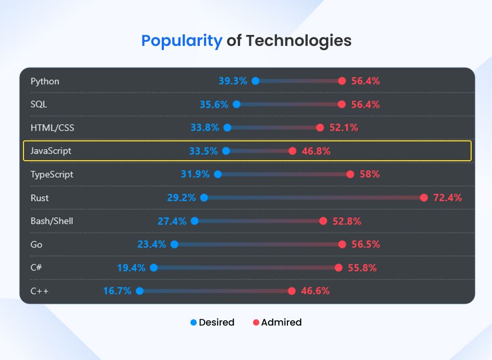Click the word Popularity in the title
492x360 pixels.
[182, 41]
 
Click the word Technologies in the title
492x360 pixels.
[298, 41]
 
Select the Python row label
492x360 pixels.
[45, 81]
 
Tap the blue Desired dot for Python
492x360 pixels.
[256, 81]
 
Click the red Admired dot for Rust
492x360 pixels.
[424, 198]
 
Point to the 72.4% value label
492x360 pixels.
[447, 198]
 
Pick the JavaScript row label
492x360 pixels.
[51, 151]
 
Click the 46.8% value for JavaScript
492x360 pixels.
[316, 151]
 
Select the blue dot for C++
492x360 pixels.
[140, 291]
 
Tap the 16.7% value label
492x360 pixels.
[117, 291]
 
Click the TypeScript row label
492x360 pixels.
[52, 174]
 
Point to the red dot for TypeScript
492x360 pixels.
[350, 174]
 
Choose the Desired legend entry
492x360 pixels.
[212, 322]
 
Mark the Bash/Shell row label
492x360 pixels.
[52, 221]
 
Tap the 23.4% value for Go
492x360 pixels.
[152, 244]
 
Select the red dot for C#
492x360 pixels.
[338, 268]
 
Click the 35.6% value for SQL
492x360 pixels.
[214, 104]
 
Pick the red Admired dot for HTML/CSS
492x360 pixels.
[320, 128]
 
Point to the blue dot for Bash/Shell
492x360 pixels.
[195, 221]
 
